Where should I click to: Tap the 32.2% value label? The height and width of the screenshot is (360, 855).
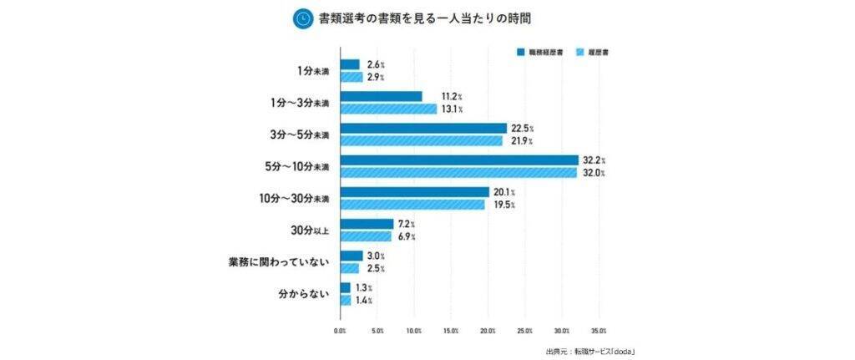point(593,160)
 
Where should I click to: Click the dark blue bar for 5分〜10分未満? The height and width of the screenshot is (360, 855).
point(458,160)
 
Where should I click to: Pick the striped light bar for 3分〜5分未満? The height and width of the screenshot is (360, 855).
point(421,140)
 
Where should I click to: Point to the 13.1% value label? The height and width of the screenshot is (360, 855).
point(452,109)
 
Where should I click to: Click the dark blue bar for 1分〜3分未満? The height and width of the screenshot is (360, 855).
point(381,96)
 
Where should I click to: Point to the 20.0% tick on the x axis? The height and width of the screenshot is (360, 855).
point(488,331)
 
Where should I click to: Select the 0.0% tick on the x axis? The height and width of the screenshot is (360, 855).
point(340,331)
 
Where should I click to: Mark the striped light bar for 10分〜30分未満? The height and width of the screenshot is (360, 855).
point(412,205)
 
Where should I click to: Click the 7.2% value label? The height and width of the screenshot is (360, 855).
point(407,224)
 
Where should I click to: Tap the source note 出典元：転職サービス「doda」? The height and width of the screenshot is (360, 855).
point(591,351)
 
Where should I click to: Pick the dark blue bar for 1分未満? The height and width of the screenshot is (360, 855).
point(350,64)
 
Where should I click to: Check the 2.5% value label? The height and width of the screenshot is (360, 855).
point(375,268)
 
